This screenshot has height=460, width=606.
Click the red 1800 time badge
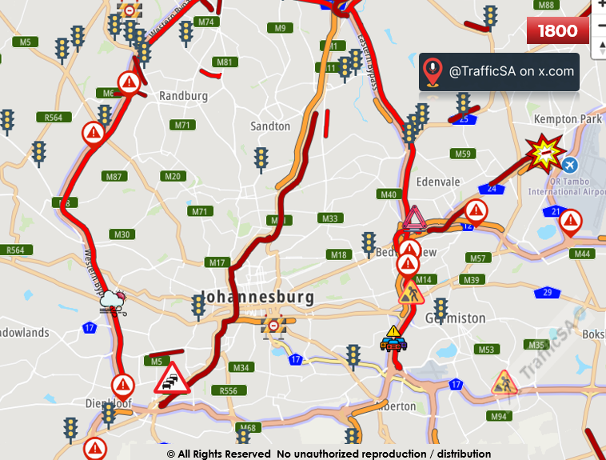[558, 31]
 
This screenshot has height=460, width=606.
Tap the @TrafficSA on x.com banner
[499, 71]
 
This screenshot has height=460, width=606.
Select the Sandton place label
[270, 126]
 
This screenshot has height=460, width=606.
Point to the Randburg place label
[183, 96]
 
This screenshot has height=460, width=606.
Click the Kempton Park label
[568, 119]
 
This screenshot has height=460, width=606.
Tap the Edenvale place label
[437, 182]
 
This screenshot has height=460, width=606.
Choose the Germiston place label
[455, 318]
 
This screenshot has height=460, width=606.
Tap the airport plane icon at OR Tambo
[569, 165]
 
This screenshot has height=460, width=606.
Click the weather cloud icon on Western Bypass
[113, 302]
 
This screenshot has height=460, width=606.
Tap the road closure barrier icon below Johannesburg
[273, 326]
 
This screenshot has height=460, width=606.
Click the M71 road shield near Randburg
[183, 125]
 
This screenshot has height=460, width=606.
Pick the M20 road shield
[173, 176]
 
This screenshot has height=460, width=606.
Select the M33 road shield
[329, 218]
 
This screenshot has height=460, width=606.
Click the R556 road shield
[228, 390]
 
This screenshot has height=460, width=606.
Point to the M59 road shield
[463, 154]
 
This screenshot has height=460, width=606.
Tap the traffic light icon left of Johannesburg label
[198, 306]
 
